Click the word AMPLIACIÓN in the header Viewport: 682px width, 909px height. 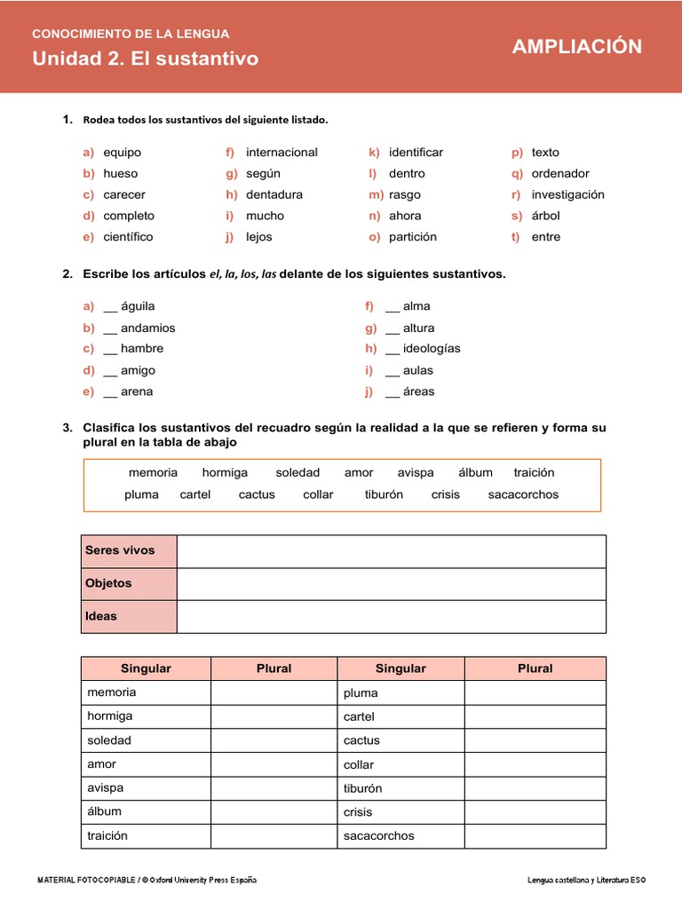(x=576, y=47)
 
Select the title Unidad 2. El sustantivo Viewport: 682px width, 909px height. (x=145, y=59)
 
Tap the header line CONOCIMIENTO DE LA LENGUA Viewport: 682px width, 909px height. (x=131, y=34)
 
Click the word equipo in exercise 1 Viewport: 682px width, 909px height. (x=122, y=152)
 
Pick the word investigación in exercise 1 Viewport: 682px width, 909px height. (x=567, y=194)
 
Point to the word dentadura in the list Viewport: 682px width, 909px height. (x=274, y=194)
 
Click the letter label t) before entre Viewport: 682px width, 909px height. (x=516, y=237)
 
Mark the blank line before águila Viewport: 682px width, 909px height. (x=110, y=307)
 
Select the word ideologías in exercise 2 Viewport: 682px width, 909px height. (x=432, y=349)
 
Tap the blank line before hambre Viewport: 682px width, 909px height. (x=110, y=350)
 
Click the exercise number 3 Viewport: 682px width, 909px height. (x=67, y=428)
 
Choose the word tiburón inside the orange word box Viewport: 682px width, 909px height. (x=384, y=494)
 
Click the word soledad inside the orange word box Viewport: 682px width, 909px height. (x=297, y=472)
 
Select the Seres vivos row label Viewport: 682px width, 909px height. (x=120, y=550)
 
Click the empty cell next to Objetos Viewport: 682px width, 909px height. (x=391, y=584)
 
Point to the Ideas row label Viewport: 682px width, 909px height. (x=101, y=616)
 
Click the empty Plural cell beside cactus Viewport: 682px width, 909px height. (x=535, y=740)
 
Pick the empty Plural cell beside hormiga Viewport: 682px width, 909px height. (x=274, y=716)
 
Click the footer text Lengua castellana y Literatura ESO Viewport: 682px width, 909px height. (x=586, y=880)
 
